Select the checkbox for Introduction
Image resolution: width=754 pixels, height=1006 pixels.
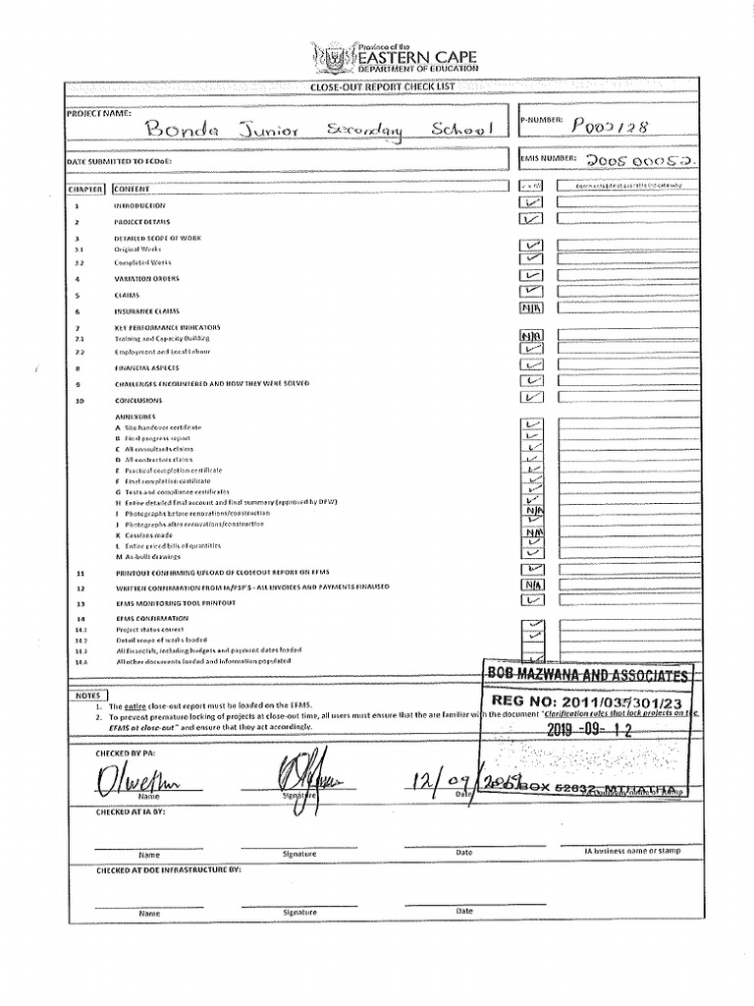click(x=531, y=204)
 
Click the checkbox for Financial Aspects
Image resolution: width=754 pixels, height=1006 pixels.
click(x=531, y=367)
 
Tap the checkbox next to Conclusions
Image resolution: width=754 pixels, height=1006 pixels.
click(x=531, y=399)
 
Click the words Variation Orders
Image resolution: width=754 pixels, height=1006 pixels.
click(x=146, y=279)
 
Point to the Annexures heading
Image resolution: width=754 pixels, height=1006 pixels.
click(x=136, y=417)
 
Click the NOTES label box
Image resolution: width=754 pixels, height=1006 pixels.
click(x=87, y=696)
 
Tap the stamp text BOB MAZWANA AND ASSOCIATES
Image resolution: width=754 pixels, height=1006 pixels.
click(x=587, y=675)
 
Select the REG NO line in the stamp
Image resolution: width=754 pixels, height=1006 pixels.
click(x=590, y=703)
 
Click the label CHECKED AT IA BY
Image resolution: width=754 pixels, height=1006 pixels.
click(x=131, y=812)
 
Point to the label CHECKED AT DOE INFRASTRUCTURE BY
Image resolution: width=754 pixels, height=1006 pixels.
click(x=167, y=870)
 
